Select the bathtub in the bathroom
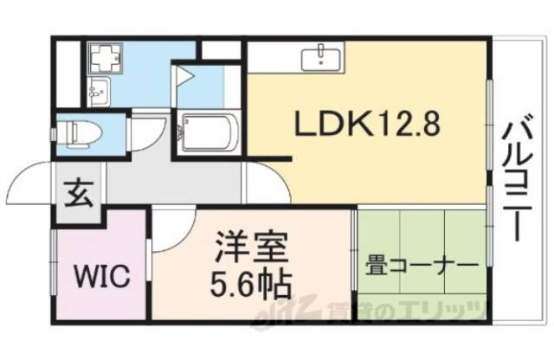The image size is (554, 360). pyautogui.click(x=207, y=132)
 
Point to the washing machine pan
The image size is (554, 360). pyautogui.click(x=107, y=58)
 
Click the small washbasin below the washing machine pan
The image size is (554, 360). pyautogui.click(x=97, y=88)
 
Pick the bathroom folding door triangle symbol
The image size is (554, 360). pyautogui.click(x=185, y=76)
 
